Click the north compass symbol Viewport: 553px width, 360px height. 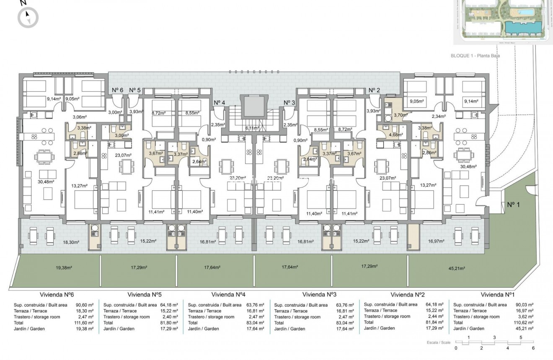[x=28, y=17]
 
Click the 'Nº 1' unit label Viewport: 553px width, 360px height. [x=514, y=205]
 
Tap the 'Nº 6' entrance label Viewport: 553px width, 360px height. [x=117, y=90]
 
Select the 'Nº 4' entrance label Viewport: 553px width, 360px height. [x=219, y=103]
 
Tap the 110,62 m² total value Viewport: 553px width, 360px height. [x=524, y=323]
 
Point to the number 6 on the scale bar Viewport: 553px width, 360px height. [x=533, y=348]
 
